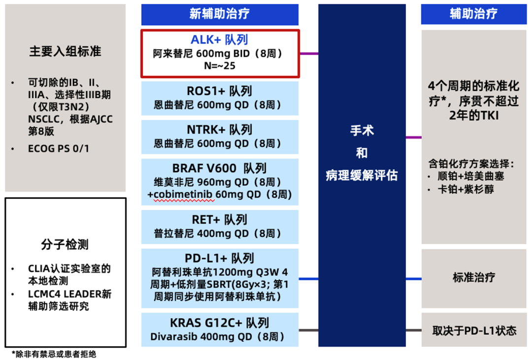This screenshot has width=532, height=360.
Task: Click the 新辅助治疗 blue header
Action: click(x=220, y=14)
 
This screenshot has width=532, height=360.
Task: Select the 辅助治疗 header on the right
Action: click(x=473, y=14)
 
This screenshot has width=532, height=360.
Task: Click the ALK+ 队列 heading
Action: click(x=219, y=40)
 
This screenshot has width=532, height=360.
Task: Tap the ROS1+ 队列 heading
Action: click(x=219, y=91)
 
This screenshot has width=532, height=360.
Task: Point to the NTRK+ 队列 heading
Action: click(x=219, y=130)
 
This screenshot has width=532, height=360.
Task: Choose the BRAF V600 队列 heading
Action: click(x=219, y=168)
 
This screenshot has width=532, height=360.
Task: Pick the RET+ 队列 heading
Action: click(x=219, y=220)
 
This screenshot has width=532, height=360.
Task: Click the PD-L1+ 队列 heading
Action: click(x=219, y=258)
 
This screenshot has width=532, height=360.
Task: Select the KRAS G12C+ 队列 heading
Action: click(x=219, y=323)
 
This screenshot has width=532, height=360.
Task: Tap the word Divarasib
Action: click(x=172, y=337)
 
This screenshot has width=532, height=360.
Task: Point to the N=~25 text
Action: click(x=219, y=65)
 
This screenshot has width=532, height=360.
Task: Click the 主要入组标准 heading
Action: click(x=65, y=51)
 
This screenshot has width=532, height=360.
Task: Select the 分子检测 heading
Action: click(x=65, y=244)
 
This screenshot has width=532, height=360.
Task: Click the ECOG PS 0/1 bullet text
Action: click(x=59, y=149)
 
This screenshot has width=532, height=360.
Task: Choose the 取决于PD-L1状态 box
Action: click(x=473, y=330)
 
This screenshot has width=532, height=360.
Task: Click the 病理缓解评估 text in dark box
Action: click(x=362, y=175)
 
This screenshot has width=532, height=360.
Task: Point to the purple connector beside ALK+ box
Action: click(x=308, y=54)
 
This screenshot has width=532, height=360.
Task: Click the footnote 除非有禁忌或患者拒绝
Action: click(x=54, y=354)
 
